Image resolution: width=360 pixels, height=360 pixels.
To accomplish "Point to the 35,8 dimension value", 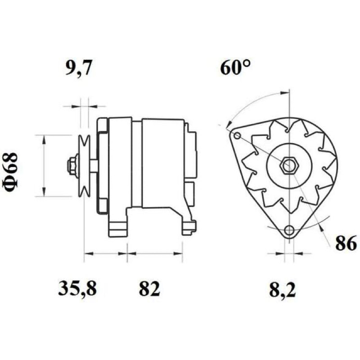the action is click(77, 288).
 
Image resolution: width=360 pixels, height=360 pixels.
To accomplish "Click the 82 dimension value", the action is click(149, 288).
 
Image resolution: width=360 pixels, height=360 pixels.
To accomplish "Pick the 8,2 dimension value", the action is click(283, 289).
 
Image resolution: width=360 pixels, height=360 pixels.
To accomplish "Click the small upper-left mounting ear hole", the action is click(238, 136).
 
